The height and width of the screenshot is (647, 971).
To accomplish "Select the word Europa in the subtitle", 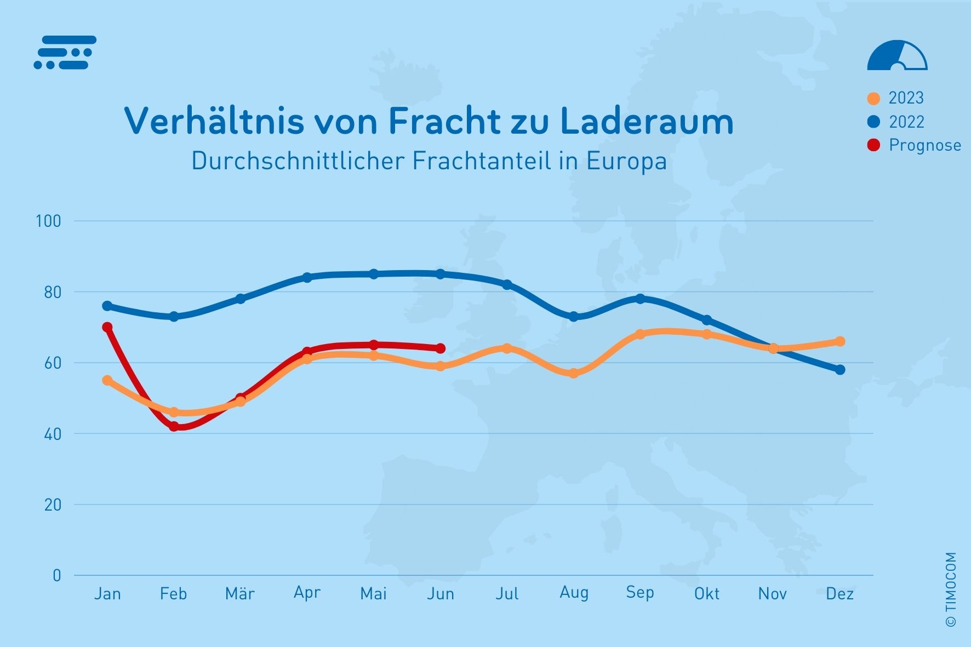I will point(626,161).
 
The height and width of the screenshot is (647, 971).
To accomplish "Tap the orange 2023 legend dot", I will point(873,99).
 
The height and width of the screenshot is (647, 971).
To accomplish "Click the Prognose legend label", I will point(925,145).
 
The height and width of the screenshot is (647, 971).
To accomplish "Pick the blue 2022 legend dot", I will point(873,122).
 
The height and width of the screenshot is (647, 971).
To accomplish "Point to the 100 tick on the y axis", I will point(48,221).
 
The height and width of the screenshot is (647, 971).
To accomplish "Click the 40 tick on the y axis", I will point(53,434).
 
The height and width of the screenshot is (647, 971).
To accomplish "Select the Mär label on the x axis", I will point(240,593).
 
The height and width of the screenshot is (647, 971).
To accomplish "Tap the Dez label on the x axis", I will point(839,593).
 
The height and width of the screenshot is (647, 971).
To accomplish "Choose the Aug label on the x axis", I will point(574,593).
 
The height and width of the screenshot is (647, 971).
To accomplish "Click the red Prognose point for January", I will point(107,327).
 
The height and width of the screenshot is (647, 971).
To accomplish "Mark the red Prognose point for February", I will point(174,426).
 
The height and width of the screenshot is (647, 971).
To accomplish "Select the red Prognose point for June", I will point(441,348).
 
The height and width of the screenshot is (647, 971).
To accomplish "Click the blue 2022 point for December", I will point(840,370).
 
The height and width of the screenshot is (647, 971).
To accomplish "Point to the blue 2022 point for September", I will point(640,299).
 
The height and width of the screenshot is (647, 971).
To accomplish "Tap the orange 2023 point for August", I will point(574,373).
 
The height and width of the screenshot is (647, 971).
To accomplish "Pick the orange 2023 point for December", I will point(840,341).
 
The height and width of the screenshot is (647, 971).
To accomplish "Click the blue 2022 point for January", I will point(107,306).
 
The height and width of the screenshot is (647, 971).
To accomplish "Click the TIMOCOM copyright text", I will point(951,589).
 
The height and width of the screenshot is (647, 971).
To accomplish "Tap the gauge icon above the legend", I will point(897,56).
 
